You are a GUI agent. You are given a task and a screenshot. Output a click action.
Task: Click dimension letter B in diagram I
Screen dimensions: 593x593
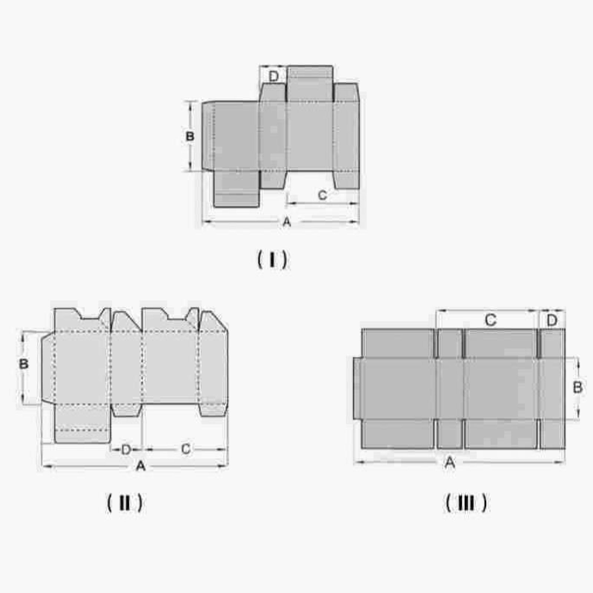click(189, 136)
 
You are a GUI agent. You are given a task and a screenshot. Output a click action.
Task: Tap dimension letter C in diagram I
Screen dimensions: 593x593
click(322, 195)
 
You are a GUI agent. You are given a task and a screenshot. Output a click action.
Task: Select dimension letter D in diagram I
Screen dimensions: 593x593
click(273, 76)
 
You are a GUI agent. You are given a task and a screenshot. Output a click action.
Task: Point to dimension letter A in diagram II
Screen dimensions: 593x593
click(140, 466)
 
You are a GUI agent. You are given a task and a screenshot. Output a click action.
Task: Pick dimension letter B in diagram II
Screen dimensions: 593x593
click(23, 364)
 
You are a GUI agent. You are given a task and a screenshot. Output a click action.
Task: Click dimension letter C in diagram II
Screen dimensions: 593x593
click(186, 449)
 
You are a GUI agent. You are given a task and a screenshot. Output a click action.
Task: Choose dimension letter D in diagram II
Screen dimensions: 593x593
click(126, 450)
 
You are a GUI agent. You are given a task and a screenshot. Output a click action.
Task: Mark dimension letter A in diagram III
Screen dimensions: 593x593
click(450, 462)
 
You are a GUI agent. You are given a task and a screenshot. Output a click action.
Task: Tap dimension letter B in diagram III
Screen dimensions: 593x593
click(577, 388)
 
